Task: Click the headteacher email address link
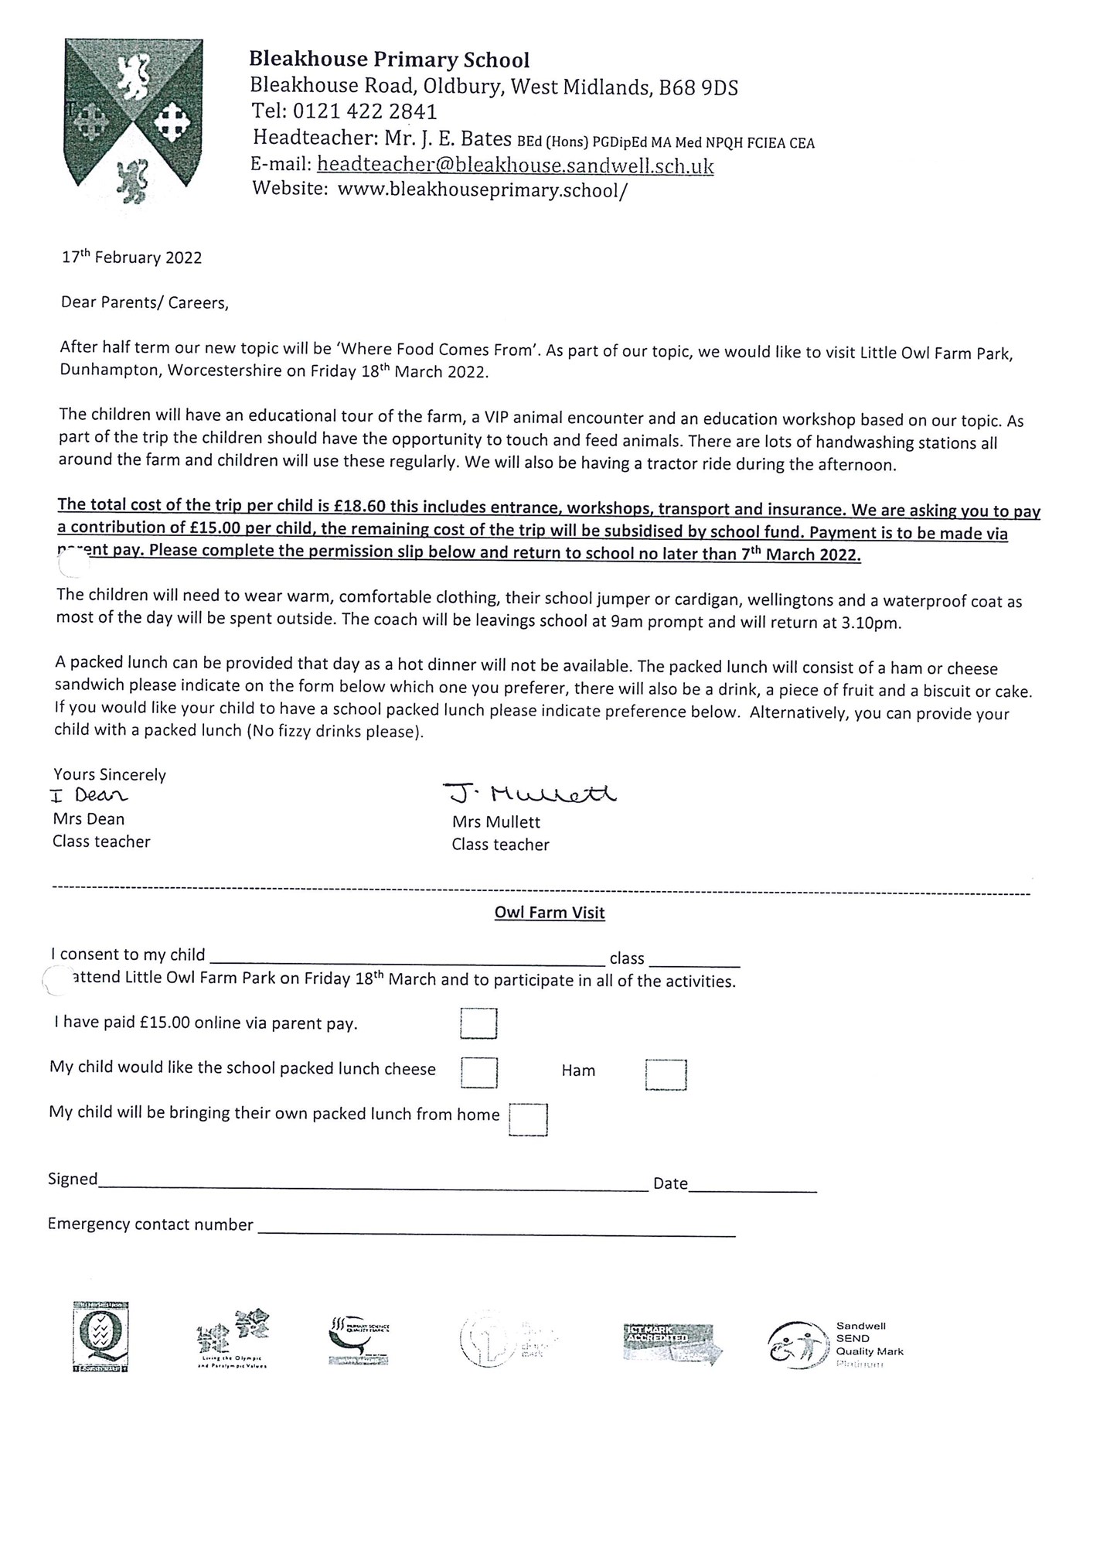pyautogui.click(x=516, y=165)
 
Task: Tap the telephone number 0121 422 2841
pyautogui.click(x=376, y=112)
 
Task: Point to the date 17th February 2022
pyautogui.click(x=131, y=258)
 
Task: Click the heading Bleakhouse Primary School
pyautogui.click(x=389, y=60)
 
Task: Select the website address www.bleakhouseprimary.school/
pyautogui.click(x=482, y=190)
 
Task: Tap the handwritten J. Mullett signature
pyautogui.click(x=530, y=794)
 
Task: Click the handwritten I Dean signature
pyautogui.click(x=90, y=795)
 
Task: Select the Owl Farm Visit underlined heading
pyautogui.click(x=550, y=913)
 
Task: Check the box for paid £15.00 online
pyautogui.click(x=478, y=1023)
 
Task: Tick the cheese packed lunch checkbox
pyautogui.click(x=478, y=1072)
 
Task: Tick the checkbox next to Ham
pyautogui.click(x=666, y=1074)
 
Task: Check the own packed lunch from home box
pyautogui.click(x=528, y=1119)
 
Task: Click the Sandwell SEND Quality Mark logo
pyautogui.click(x=835, y=1344)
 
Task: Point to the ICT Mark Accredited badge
pyautogui.click(x=672, y=1344)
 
